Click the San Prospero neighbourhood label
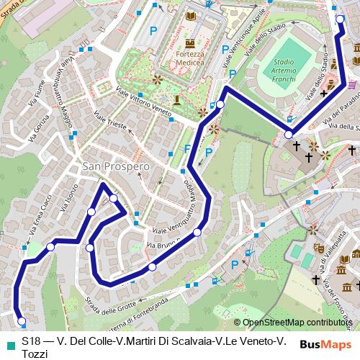(x=115, y=166)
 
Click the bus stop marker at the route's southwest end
(x=21, y=321)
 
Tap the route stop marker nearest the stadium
(x=288, y=134)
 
